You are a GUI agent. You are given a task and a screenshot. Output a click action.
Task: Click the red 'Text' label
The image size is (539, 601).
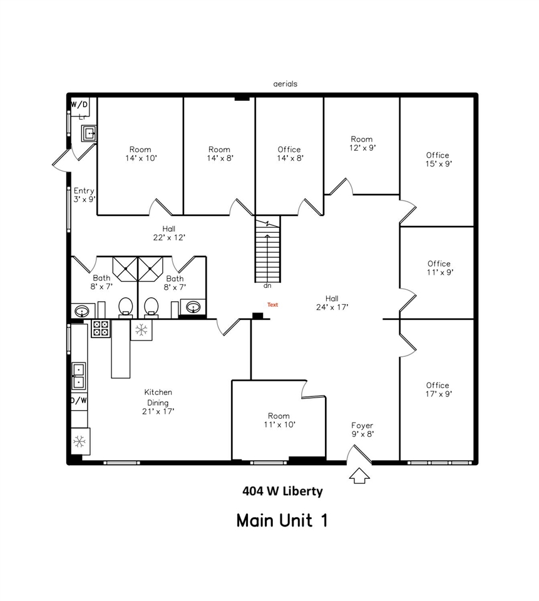pyautogui.click(x=272, y=305)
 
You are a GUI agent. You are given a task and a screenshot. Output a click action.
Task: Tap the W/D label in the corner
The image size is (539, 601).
pyautogui.click(x=79, y=105)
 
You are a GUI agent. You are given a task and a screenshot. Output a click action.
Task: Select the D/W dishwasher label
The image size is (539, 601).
pyautogui.click(x=79, y=400)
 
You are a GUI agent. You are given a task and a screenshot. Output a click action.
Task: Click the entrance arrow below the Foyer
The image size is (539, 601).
pyautogui.click(x=360, y=476)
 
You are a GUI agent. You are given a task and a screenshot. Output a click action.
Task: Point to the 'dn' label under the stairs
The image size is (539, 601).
pyautogui.click(x=267, y=286)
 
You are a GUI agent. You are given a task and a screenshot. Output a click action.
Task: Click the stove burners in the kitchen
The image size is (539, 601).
pyautogui.click(x=101, y=328)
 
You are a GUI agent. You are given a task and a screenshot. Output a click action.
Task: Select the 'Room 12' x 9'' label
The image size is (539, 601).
pyautogui.click(x=362, y=143)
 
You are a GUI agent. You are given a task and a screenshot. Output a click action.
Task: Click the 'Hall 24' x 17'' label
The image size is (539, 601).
pyautogui.click(x=332, y=302)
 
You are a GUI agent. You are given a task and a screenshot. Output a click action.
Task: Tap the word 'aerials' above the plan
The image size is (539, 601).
pyautogui.click(x=285, y=83)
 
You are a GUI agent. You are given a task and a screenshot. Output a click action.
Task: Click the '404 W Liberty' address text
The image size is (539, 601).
pyautogui.click(x=282, y=491)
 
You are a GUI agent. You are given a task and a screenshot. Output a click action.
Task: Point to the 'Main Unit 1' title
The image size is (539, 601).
pyautogui.click(x=282, y=520)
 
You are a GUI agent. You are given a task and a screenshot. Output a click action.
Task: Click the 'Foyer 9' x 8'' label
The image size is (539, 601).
pyautogui.click(x=362, y=429)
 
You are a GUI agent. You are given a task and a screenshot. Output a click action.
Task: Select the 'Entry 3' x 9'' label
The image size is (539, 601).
pyautogui.click(x=84, y=195)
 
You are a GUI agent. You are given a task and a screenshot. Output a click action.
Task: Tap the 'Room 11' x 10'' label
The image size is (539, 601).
pyautogui.click(x=279, y=420)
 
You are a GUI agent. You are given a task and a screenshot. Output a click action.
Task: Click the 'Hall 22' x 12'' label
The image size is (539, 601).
pyautogui.click(x=168, y=233)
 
